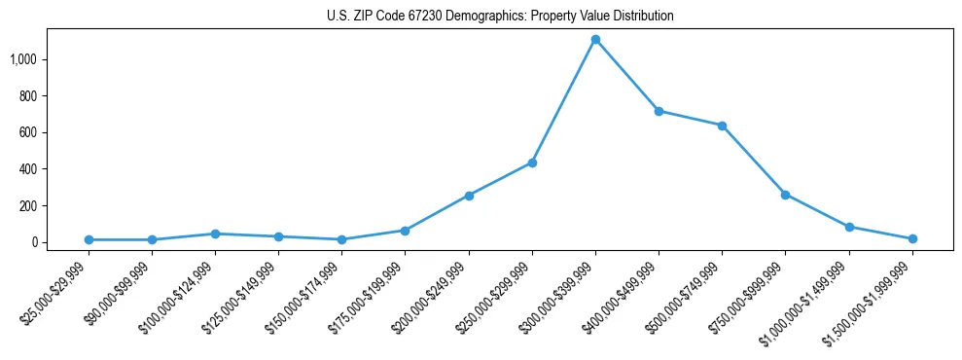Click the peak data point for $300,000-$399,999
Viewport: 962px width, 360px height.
point(595,40)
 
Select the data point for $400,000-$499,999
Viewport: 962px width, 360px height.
point(659,111)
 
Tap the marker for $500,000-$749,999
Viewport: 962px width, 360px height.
point(722,126)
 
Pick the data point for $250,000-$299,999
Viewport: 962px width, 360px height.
point(532,162)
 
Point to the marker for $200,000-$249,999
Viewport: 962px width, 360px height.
point(469,196)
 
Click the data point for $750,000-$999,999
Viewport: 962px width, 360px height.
point(785,195)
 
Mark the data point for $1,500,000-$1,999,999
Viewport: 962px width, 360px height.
point(912,238)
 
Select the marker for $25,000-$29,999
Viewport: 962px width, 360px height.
point(89,239)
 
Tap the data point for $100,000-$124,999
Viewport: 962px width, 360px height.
point(215,234)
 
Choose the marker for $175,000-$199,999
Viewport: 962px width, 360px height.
point(406,231)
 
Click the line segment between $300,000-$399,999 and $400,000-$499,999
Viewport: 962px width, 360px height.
point(627,76)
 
